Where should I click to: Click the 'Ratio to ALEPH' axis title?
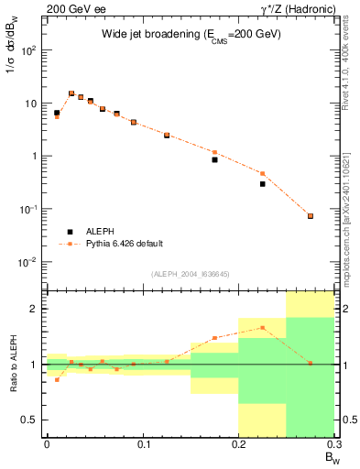[14, 364]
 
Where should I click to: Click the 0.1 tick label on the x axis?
[143, 444]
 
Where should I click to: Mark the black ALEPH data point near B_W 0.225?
[262, 184]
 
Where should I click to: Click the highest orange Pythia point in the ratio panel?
[262, 327]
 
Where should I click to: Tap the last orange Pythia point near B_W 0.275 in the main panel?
[311, 216]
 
